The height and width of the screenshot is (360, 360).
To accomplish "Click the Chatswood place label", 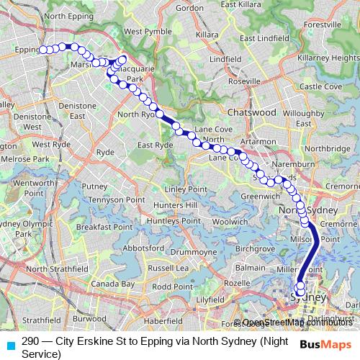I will point(251,113).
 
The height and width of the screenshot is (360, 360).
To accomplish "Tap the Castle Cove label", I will point(320,86).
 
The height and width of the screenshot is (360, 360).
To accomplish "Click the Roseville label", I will point(243,81).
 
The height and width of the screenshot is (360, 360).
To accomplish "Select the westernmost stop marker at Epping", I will point(42,50).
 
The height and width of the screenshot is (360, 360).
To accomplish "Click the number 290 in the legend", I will point(30,341).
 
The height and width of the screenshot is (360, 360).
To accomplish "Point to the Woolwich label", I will point(230,222).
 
